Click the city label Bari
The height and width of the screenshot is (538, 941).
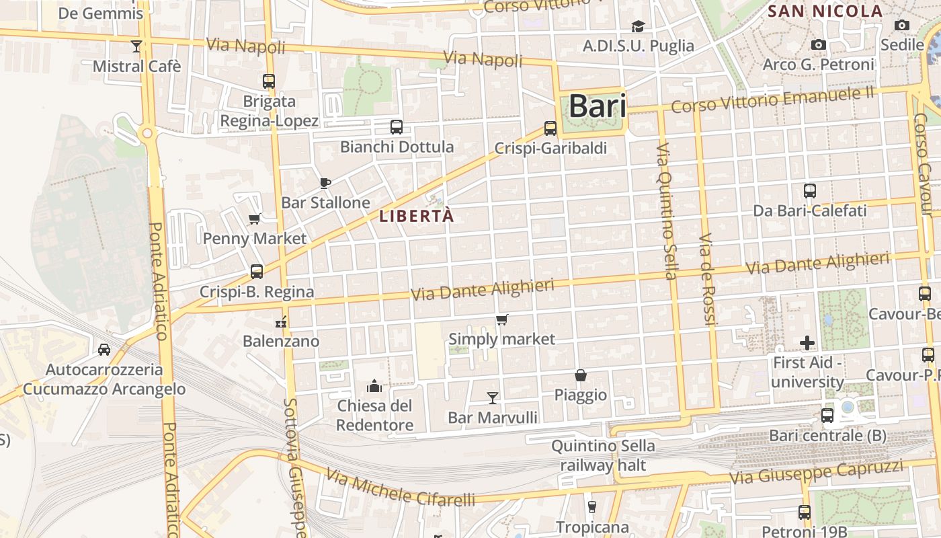[x=597, y=106]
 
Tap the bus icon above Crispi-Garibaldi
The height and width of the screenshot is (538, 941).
[x=550, y=128]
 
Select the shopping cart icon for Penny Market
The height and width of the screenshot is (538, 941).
[x=255, y=218]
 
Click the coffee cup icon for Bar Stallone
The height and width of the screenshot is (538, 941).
[x=325, y=183]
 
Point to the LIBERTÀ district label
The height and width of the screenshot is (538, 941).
[x=417, y=217]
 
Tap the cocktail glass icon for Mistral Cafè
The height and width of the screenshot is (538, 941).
[x=136, y=46]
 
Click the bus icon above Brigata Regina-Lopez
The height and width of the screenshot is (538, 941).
[x=269, y=81]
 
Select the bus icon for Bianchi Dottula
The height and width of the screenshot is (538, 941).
[x=397, y=126]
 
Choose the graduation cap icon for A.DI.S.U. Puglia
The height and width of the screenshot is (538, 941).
[x=638, y=26]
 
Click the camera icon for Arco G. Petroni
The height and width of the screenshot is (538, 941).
[x=818, y=45]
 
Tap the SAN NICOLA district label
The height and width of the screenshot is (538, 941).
[x=825, y=11]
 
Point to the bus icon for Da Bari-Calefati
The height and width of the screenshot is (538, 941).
[x=809, y=191]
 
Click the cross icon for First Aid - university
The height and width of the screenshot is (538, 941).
[x=807, y=343]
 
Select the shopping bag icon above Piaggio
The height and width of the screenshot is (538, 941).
[x=581, y=375]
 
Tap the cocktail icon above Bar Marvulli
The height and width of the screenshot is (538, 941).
[x=493, y=398]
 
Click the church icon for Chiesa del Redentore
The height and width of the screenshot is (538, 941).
[x=374, y=386]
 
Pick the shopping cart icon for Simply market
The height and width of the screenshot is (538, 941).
[x=501, y=319]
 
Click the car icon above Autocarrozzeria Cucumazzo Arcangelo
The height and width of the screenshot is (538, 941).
[x=104, y=350]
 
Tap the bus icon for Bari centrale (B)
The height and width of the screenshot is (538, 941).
[x=827, y=416]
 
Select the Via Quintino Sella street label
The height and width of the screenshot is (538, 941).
[x=665, y=210]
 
